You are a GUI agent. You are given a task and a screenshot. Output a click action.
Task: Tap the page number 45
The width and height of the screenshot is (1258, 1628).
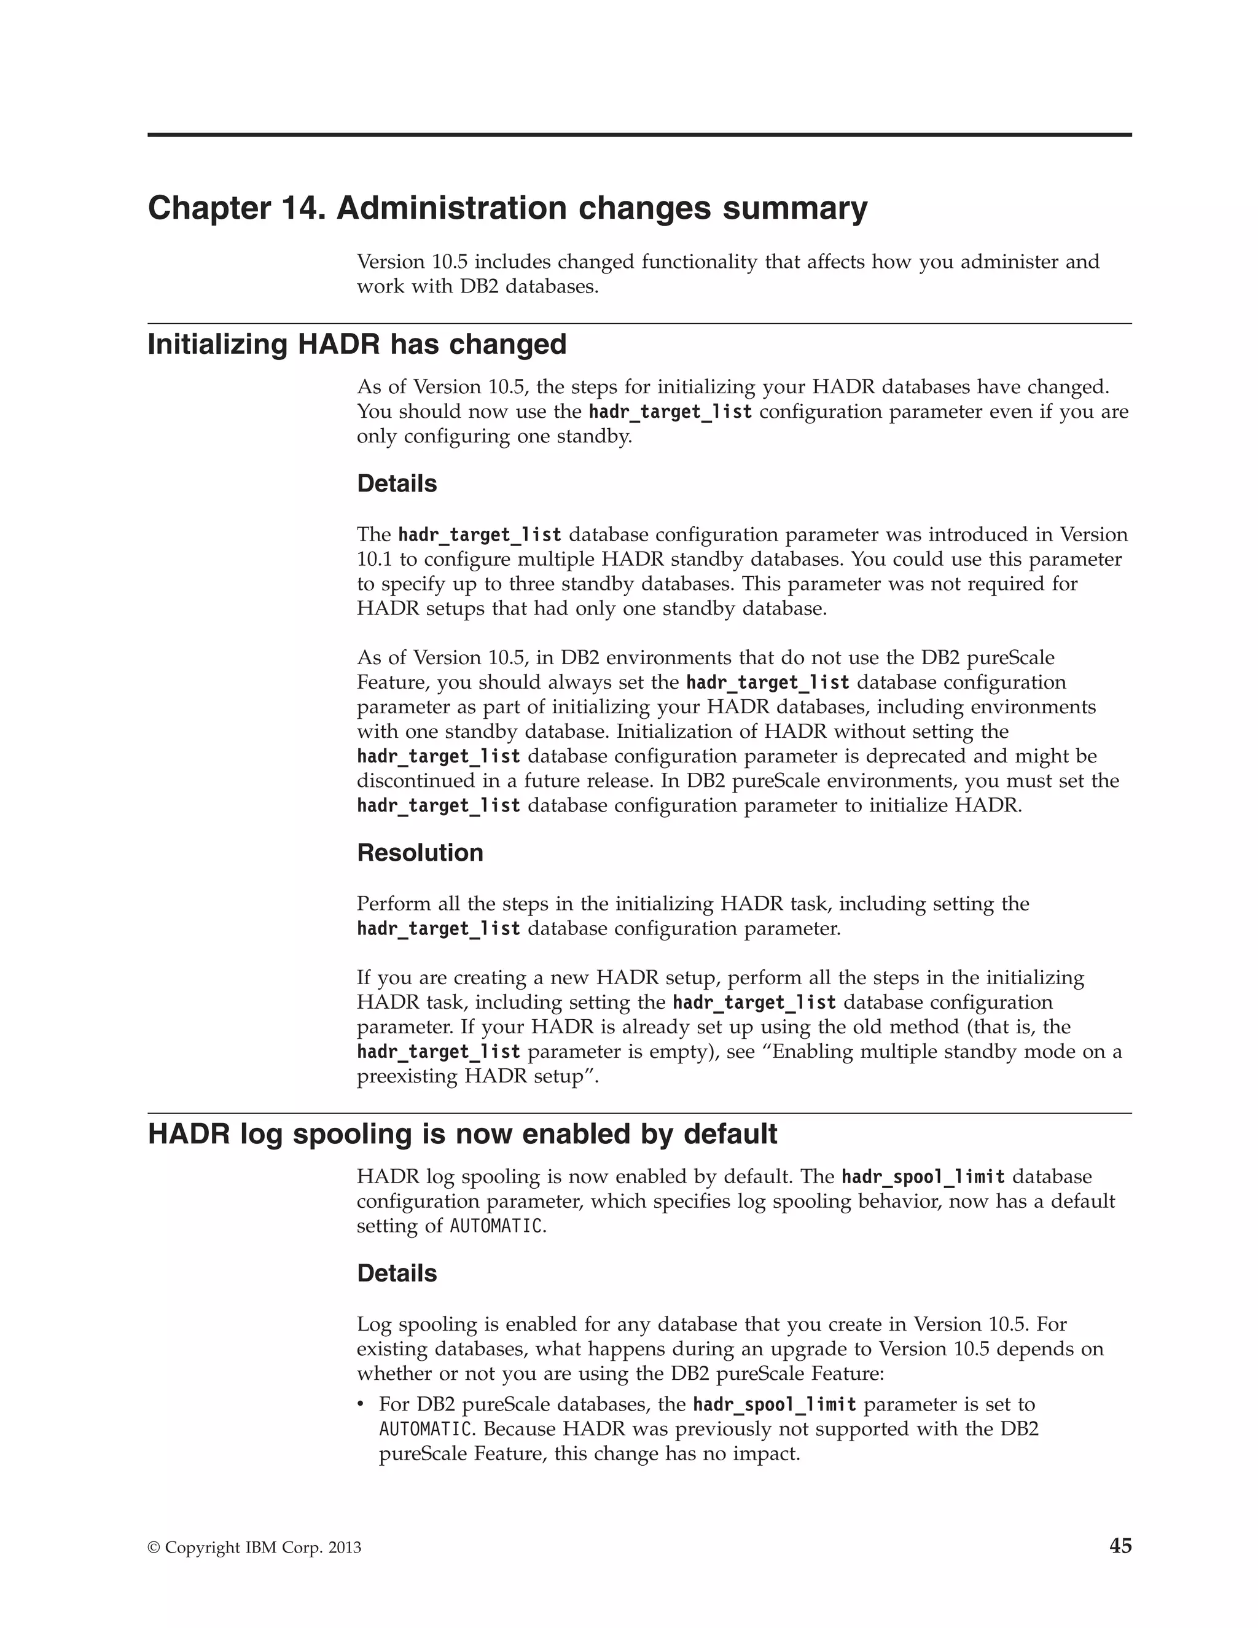coord(1120,1545)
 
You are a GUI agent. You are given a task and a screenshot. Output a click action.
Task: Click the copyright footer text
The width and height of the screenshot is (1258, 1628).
coord(254,1548)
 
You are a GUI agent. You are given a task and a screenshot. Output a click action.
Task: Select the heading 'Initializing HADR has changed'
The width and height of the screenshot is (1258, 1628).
coord(357,345)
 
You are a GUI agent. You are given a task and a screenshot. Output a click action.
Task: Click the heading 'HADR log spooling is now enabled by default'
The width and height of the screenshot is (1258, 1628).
coord(462,1134)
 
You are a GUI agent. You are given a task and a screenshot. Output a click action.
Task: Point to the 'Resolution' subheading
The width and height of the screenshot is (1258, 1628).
coord(420,852)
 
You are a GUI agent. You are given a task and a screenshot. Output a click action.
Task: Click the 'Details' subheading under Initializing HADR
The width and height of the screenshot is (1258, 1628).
coord(396,483)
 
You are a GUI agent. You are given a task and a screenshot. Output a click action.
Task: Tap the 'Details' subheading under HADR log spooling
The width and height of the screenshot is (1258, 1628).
coord(396,1272)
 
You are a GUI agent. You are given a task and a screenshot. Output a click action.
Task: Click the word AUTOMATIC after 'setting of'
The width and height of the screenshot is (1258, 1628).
coord(496,1226)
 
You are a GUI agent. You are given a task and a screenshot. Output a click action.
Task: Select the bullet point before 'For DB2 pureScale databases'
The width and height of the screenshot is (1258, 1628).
coord(361,1405)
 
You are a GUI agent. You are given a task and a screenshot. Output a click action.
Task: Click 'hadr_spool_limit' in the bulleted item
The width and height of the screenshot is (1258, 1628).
coord(775,1404)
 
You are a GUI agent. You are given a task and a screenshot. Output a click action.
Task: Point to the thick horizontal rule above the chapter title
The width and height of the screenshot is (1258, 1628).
coord(639,135)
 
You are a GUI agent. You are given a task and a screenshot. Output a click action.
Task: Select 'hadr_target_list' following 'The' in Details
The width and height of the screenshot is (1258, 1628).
coord(480,534)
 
